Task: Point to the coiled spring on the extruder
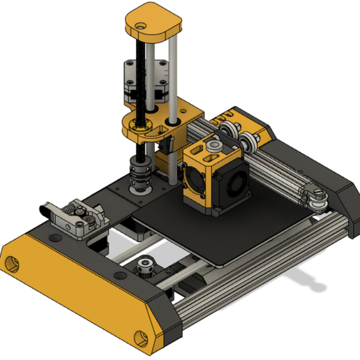coord(73,207)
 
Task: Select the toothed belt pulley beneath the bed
coord(146,266)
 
